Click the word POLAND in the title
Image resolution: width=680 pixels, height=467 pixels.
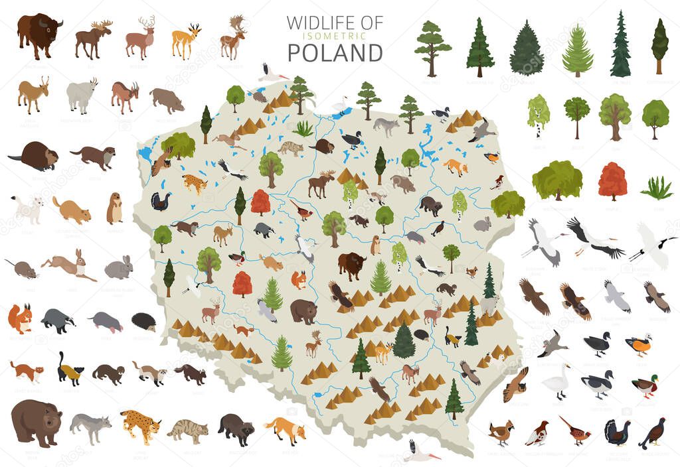(335, 52)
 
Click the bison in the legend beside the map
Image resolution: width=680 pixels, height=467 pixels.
(39, 35)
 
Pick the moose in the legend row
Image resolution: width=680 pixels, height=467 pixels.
(92, 38)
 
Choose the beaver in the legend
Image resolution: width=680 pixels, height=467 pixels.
(35, 156)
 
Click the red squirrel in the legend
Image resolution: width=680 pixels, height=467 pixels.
(20, 318)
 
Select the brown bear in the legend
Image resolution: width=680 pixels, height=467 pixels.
(36, 423)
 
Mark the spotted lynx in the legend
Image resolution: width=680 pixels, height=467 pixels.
(140, 425)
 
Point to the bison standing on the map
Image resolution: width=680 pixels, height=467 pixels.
(351, 265)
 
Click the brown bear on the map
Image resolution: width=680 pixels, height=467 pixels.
(303, 310)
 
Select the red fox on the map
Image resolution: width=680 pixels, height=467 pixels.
(456, 167)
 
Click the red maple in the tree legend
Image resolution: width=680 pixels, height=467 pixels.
(612, 180)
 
